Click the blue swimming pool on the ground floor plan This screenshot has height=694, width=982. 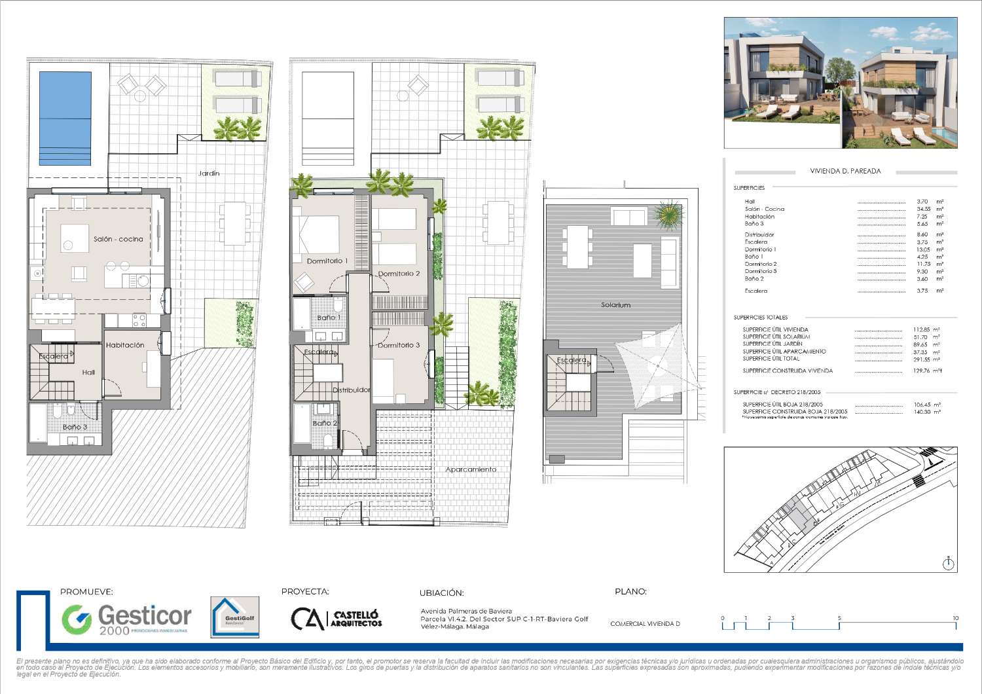[65, 118]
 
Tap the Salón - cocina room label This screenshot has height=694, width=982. [118, 239]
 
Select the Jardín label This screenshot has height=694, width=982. [209, 173]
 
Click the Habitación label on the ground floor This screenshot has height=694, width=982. [125, 345]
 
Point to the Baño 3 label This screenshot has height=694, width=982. [75, 427]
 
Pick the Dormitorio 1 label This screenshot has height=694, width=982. [327, 261]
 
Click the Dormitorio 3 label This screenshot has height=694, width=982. [399, 345]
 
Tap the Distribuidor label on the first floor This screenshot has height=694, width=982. [352, 390]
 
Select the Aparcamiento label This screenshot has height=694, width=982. [471, 469]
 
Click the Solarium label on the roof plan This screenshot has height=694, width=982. [615, 305]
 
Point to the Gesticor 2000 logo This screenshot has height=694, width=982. [126, 619]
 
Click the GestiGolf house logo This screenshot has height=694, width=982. [234, 617]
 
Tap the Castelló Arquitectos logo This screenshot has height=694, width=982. [336, 619]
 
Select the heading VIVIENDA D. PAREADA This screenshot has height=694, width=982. [845, 172]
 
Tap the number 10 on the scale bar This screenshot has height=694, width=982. [955, 618]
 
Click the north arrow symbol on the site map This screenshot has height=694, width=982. [949, 563]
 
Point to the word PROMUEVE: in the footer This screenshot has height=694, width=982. [86, 592]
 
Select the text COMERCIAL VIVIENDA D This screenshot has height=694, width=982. [645, 624]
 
